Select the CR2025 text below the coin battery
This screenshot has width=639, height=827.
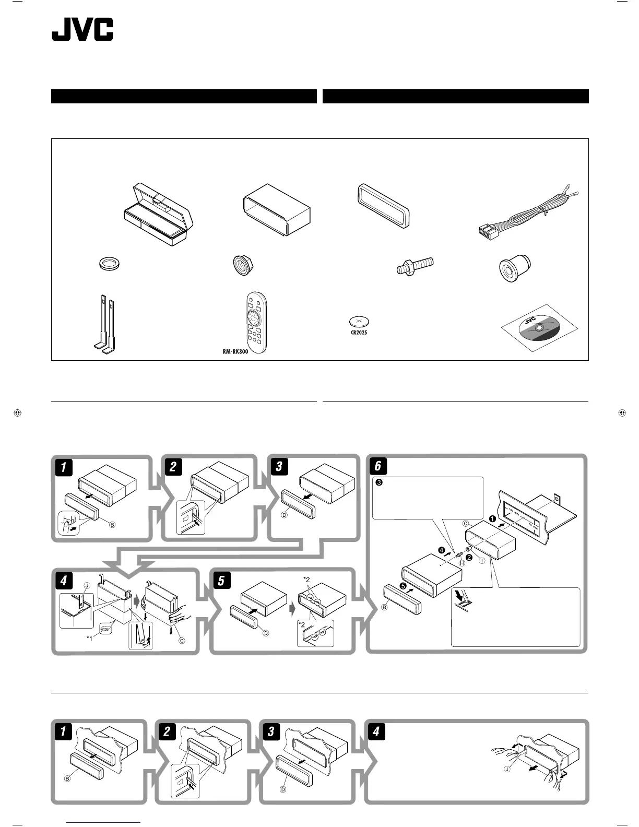[358, 332]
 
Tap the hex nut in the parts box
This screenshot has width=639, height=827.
[242, 265]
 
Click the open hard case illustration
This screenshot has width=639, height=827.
[158, 216]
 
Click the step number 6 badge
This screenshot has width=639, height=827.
[377, 466]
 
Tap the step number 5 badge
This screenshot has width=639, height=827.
[221, 581]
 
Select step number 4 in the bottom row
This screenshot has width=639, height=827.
[376, 731]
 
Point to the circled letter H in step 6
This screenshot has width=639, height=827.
[462, 563]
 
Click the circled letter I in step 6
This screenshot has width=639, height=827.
[481, 560]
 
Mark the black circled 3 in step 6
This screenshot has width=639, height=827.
[380, 482]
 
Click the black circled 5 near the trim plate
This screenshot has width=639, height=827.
[403, 586]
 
